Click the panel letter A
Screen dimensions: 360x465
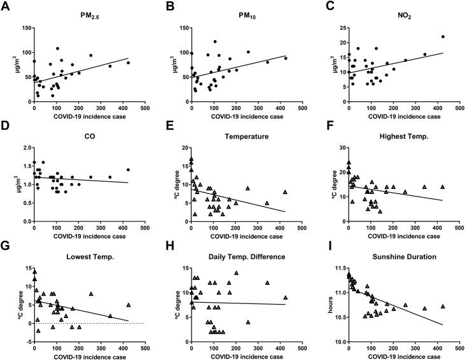pyautogui.click(x=6, y=6)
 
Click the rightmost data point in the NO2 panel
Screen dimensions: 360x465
pyautogui.click(x=443, y=36)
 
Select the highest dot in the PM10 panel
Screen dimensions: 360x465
pyautogui.click(x=215, y=42)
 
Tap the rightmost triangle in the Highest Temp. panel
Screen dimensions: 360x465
pyautogui.click(x=443, y=187)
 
